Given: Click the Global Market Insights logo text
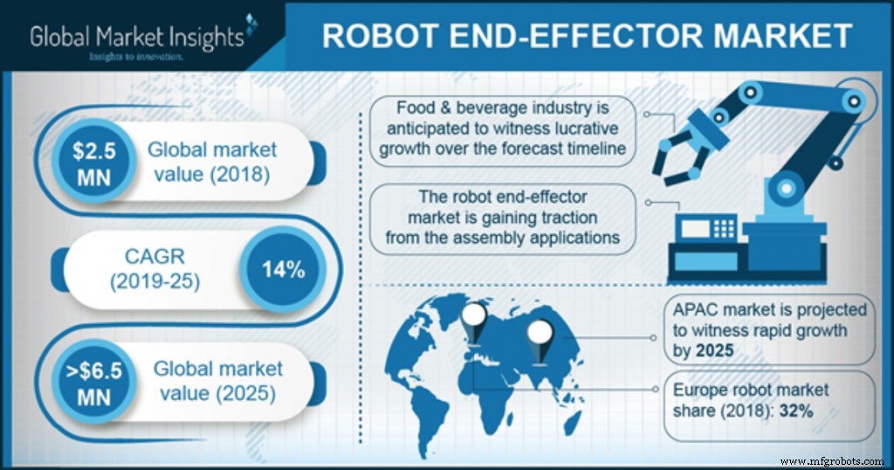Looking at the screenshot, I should tap(136, 36).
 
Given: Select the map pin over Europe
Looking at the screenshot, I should tap(475, 319).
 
